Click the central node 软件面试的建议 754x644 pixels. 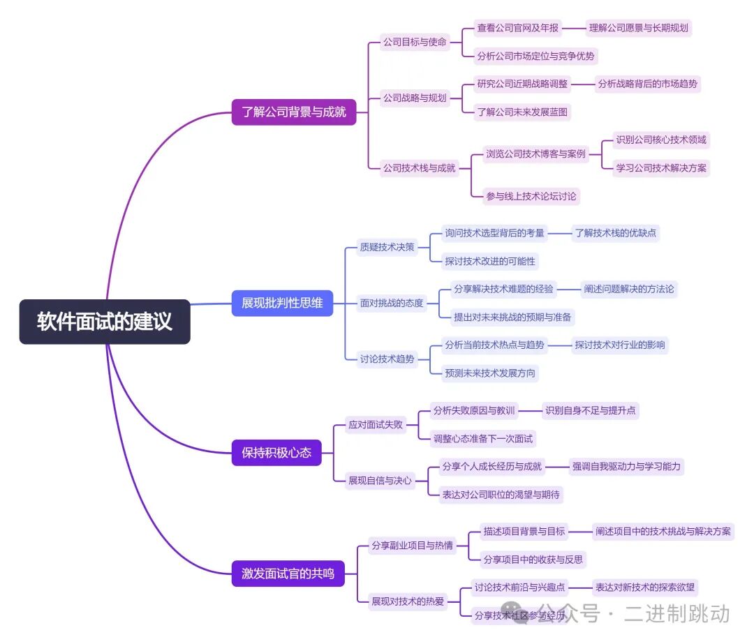pos(105,322)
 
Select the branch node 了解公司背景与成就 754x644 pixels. pos(294,111)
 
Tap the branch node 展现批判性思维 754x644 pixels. pos(282,303)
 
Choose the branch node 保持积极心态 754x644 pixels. pos(276,453)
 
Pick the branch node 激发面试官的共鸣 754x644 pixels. pos(288,574)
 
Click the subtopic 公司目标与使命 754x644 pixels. pos(414,42)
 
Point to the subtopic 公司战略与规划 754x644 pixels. pos(414,98)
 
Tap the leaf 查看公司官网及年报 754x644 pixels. pos(517,28)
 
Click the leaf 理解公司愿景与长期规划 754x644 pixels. pos(638,28)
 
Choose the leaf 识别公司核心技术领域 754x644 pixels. pos(660,140)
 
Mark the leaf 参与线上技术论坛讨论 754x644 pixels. pos(531,196)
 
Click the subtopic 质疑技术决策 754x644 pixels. pos(387,247)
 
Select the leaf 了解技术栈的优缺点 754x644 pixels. pos(615,233)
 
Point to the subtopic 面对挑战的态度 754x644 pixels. pos(392,303)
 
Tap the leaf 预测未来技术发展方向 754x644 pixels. pos(490,373)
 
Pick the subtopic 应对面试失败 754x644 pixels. pos(376,424)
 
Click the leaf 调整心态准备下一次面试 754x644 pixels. pos(483,438)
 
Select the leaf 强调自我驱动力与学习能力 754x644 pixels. pos(626,466)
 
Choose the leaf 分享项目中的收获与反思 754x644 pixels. pos(533,559)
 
